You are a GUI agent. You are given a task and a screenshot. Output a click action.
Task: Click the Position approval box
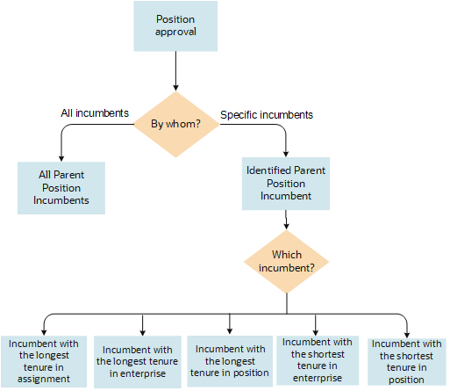[x=175, y=25]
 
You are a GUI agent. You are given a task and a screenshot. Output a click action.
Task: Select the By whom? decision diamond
[x=175, y=123]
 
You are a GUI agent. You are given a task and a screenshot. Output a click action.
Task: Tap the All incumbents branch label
[x=95, y=113]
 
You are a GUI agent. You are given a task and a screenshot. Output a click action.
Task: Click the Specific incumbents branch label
[x=267, y=114]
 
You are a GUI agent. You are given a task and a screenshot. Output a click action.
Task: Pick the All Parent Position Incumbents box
[x=61, y=187]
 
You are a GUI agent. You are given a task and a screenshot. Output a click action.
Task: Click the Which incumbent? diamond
[x=287, y=261]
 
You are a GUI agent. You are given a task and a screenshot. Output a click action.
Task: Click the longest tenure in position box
[x=230, y=361]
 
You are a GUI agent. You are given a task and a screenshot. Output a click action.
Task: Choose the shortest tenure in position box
[x=405, y=361]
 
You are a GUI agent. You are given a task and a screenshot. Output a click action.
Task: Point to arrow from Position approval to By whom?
[x=175, y=70]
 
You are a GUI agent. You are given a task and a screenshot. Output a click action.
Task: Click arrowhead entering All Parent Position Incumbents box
[x=61, y=156]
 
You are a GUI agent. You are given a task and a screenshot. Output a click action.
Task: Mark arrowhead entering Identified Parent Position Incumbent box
[x=287, y=153]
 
